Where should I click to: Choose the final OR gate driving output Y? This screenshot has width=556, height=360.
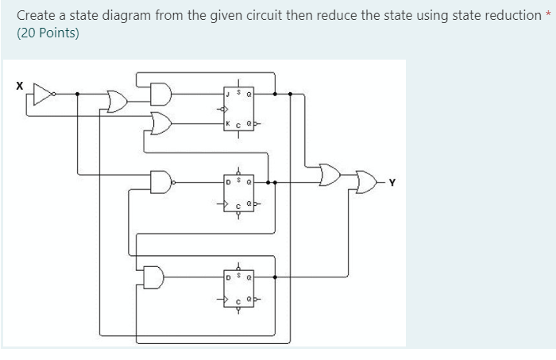click(x=366, y=182)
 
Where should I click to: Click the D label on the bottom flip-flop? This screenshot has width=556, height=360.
click(x=228, y=277)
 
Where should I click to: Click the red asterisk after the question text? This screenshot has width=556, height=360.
click(x=547, y=15)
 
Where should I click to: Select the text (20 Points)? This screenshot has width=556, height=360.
click(x=48, y=33)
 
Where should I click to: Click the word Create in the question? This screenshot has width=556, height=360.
click(x=36, y=15)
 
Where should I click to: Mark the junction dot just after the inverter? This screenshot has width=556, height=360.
click(x=77, y=93)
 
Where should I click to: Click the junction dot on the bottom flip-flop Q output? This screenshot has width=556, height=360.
click(x=274, y=277)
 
